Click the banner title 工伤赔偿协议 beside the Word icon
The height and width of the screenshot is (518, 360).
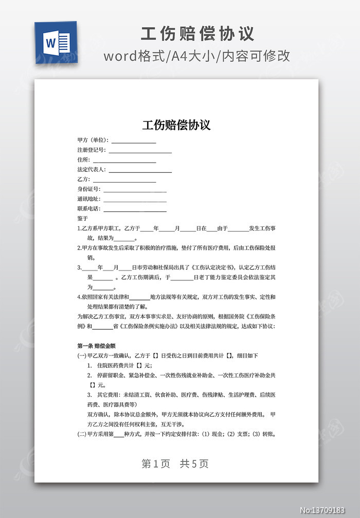[197, 33]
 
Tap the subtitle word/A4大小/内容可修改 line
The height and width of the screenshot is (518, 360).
[197, 56]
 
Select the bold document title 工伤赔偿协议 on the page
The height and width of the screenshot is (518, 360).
[176, 125]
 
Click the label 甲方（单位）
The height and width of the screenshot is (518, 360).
[93, 140]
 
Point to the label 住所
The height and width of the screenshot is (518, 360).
[83, 160]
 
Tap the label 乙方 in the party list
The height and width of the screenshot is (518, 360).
[83, 180]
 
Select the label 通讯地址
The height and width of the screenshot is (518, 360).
[88, 199]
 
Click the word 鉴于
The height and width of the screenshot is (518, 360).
[82, 218]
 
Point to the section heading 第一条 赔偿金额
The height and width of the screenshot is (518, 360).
[97, 346]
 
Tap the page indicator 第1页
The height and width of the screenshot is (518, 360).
[155, 463]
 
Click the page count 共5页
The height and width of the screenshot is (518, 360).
[194, 463]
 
